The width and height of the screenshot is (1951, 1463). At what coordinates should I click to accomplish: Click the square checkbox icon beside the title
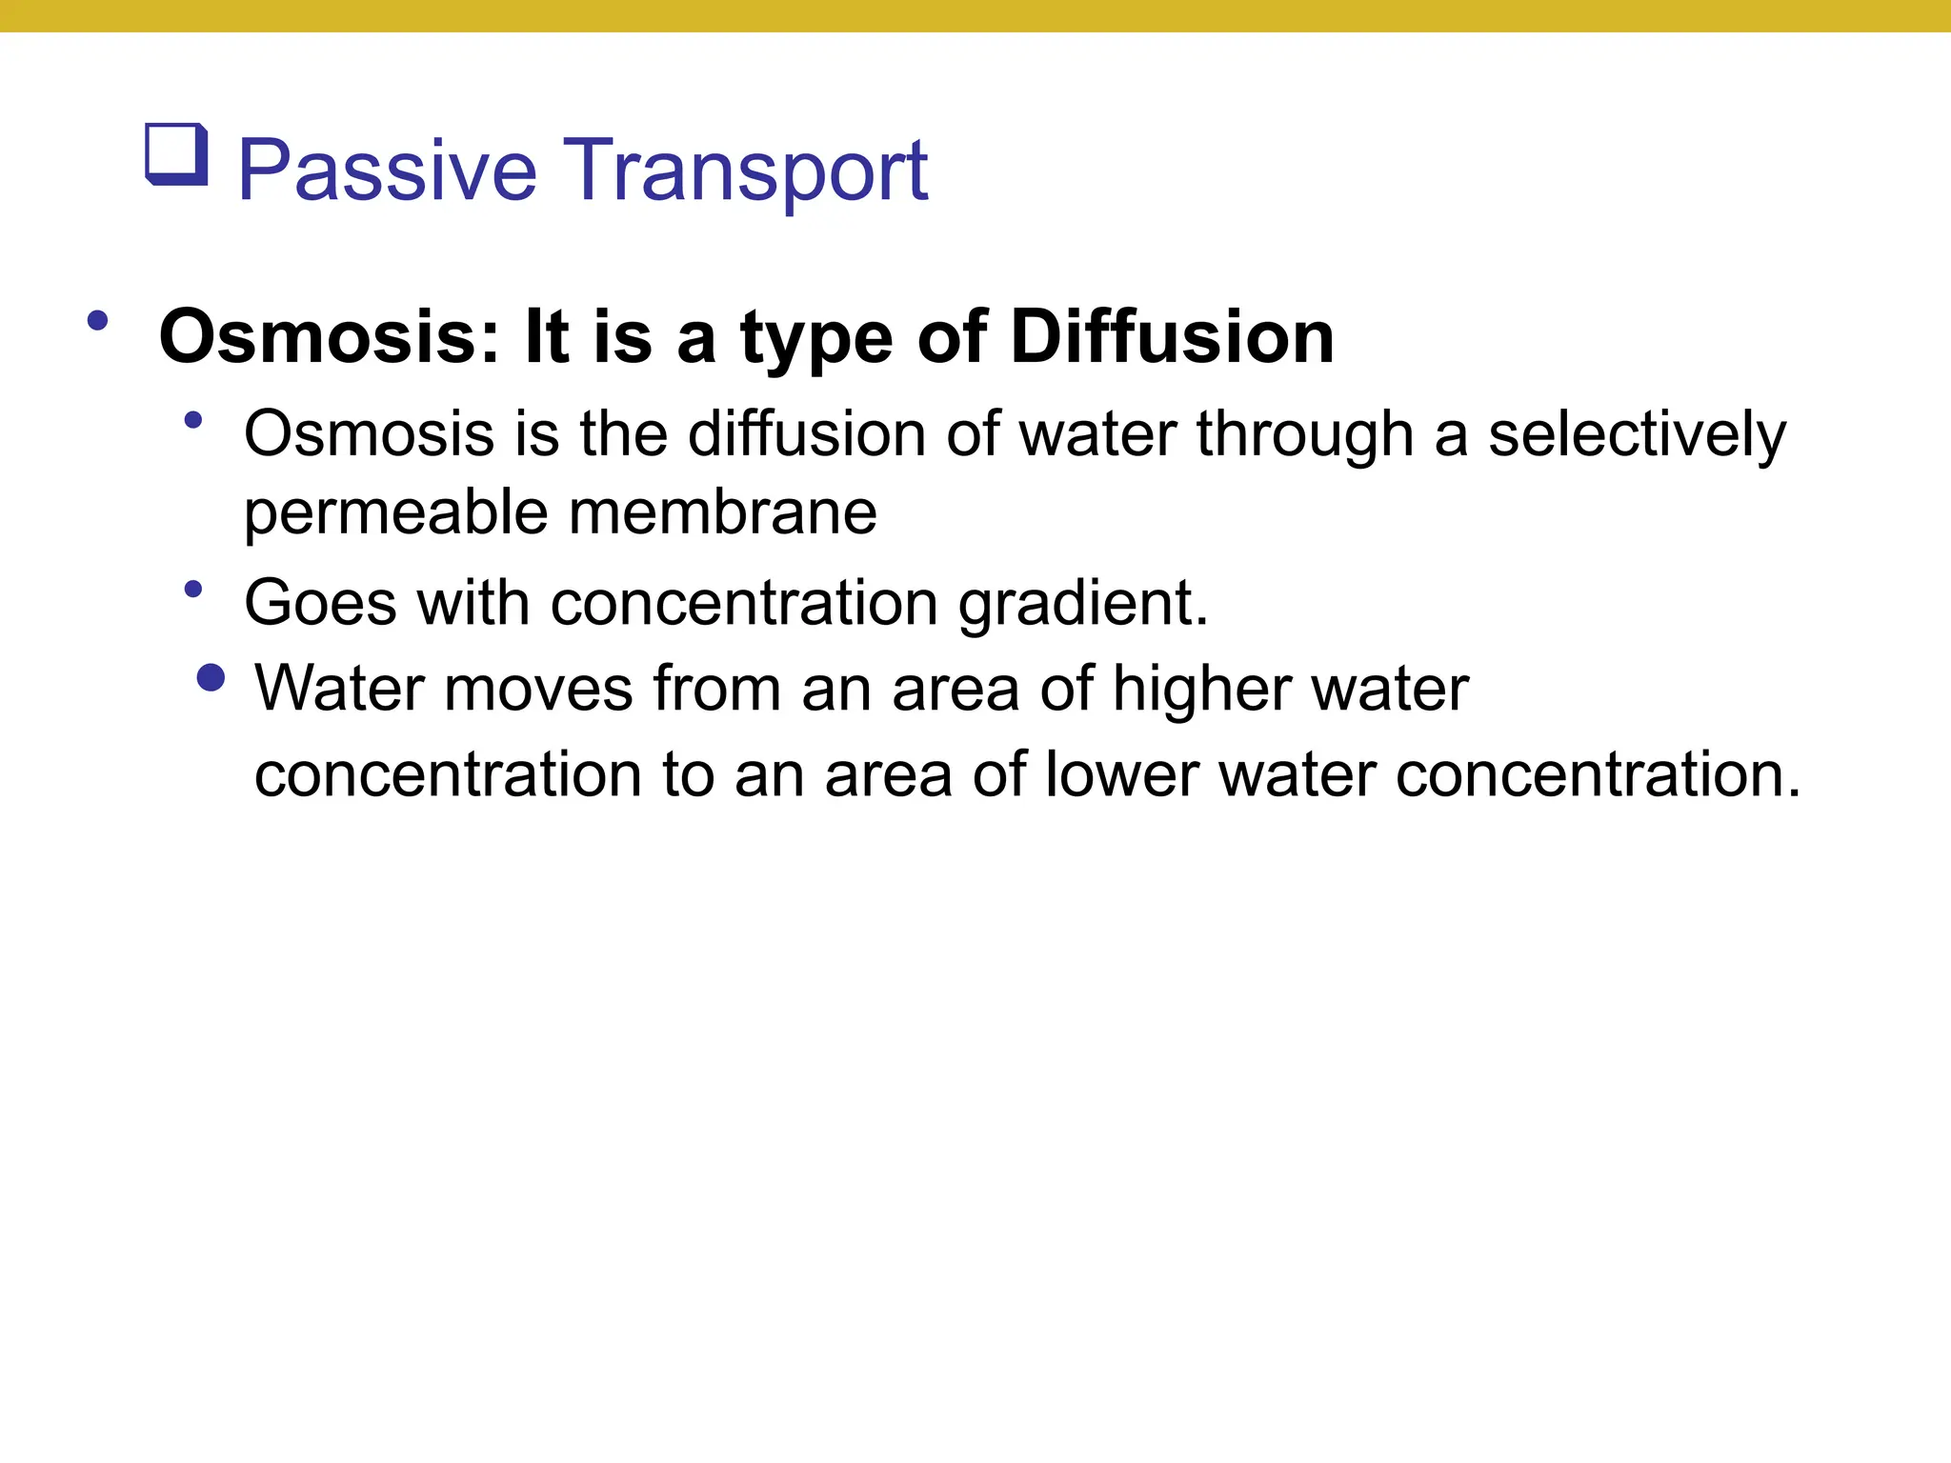pos(176,154)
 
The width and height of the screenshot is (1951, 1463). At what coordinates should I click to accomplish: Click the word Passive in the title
pos(387,171)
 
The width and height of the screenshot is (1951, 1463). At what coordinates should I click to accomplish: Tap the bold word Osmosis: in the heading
pos(329,337)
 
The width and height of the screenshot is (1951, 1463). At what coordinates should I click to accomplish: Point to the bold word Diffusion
pos(1172,337)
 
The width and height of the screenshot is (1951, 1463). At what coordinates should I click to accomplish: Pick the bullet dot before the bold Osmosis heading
pos(97,321)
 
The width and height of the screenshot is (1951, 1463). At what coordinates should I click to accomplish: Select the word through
pos(1304,435)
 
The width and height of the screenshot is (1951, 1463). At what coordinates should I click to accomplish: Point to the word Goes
pos(320,603)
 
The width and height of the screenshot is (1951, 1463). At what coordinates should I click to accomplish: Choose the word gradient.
pos(1083,605)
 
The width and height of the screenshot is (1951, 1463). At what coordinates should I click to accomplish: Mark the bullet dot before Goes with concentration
pos(193,590)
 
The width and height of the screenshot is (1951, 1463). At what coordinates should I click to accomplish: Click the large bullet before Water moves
pos(211,678)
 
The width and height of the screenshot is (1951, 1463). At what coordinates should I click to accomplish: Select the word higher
pos(1201,689)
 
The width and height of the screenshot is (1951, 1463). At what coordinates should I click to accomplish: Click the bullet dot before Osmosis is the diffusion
pos(193,420)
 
